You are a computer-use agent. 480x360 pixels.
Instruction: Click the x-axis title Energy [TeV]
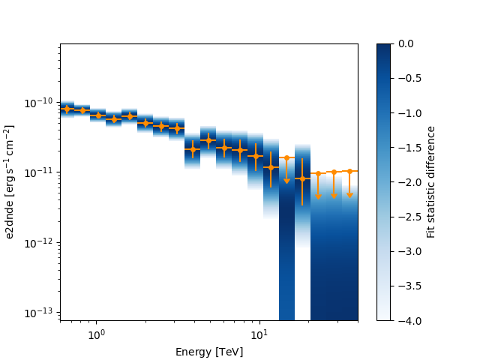pyautogui.click(x=209, y=352)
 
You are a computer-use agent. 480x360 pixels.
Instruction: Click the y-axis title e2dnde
pyautogui.click(x=10, y=182)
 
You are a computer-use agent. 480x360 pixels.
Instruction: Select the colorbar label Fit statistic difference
pyautogui.click(x=431, y=182)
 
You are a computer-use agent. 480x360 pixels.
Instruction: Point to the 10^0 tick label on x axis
pyautogui.click(x=95, y=334)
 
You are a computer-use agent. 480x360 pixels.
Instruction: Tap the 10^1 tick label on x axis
pyautogui.click(x=259, y=334)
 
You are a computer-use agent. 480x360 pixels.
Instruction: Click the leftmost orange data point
pyautogui.click(x=67, y=109)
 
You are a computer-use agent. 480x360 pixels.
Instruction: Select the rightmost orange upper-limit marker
pyautogui.click(x=349, y=171)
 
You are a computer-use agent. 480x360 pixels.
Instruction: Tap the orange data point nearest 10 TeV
pyautogui.click(x=256, y=156)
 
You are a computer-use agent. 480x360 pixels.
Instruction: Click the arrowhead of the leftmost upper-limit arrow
pyautogui.click(x=286, y=181)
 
